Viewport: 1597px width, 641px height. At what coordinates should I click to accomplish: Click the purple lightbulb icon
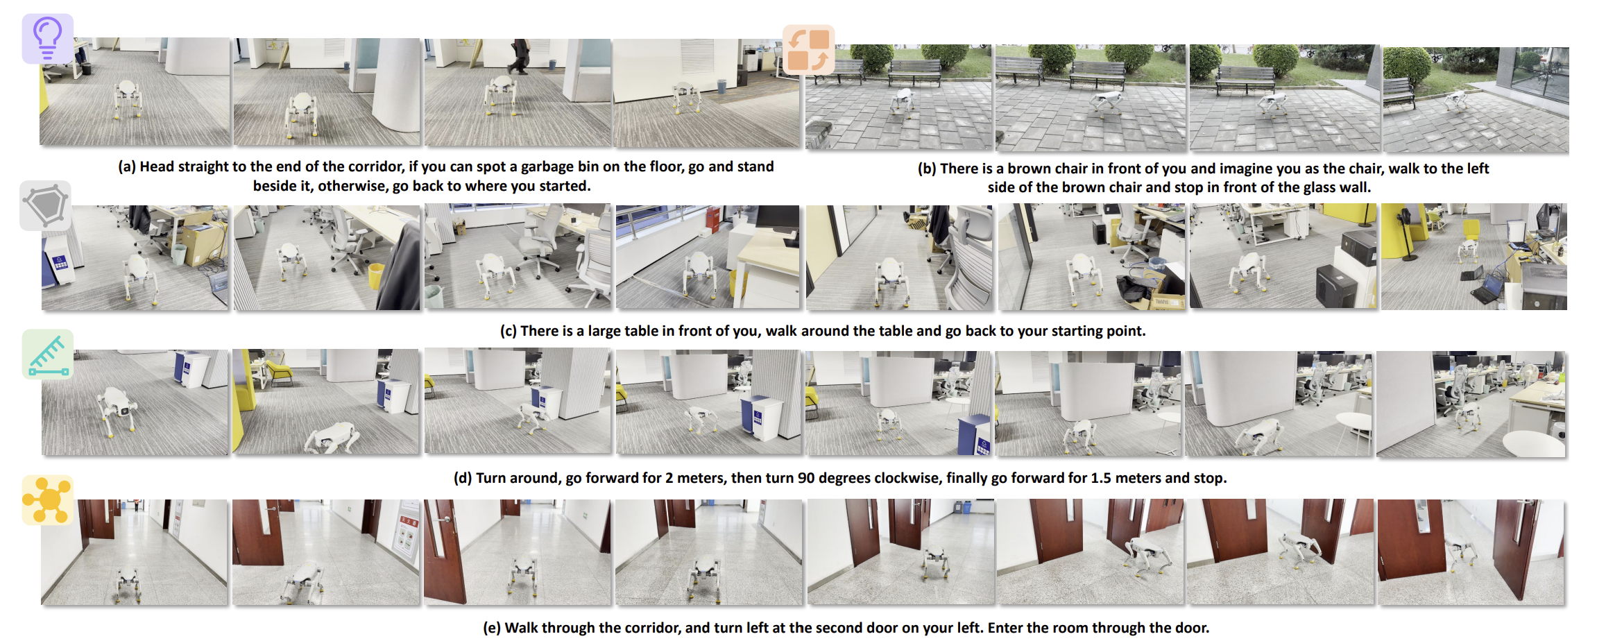coord(47,38)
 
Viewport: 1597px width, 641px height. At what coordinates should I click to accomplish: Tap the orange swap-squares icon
coord(808,50)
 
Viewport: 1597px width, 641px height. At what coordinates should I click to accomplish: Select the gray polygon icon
coord(46,205)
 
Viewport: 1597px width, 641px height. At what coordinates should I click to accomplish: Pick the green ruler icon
coord(47,354)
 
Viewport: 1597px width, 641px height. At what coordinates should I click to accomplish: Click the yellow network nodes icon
coord(47,500)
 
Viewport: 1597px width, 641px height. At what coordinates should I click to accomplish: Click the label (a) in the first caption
coord(126,166)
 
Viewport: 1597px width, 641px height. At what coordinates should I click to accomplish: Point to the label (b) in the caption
coord(927,169)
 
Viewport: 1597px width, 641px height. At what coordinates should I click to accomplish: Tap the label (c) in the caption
coord(509,331)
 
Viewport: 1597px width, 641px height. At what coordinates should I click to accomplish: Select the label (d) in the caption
coord(463,478)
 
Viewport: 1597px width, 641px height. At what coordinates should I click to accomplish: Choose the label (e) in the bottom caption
coord(492,628)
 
